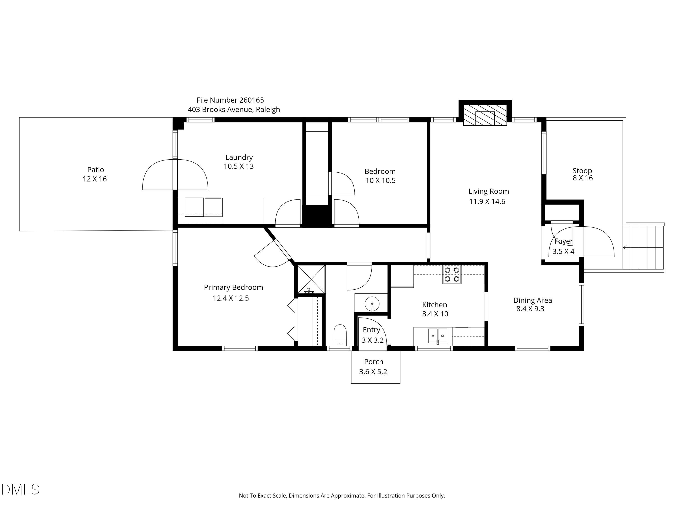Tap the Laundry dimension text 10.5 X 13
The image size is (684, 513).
[x=239, y=166]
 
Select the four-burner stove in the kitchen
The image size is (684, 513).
[x=452, y=275]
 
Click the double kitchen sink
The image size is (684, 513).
[x=438, y=336]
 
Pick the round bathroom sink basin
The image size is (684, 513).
[x=372, y=304]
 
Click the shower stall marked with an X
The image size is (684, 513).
[x=311, y=279]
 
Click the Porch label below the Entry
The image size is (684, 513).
[x=373, y=362]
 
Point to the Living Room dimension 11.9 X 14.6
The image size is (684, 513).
[x=487, y=202]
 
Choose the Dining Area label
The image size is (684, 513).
[x=532, y=300]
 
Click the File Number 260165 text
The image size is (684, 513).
[x=230, y=100]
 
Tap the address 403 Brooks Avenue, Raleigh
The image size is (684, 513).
[x=234, y=109]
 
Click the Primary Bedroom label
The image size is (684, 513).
[x=233, y=288]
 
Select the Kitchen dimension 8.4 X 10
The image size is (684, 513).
[x=435, y=314]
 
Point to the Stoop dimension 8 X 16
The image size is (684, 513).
[x=583, y=178]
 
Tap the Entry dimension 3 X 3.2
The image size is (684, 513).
[x=373, y=340]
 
